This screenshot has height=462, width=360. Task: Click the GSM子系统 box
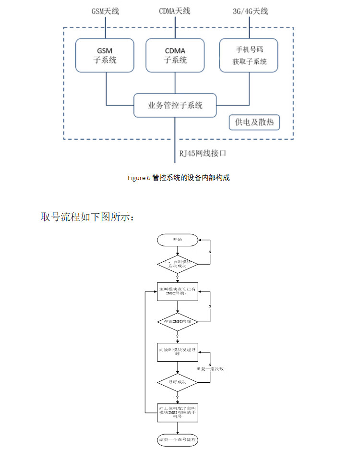pyautogui.click(x=105, y=55)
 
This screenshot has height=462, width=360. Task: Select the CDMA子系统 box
pyautogui.click(x=175, y=55)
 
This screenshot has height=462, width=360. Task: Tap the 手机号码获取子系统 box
pyautogui.click(x=249, y=55)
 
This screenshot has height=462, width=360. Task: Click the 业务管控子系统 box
pyautogui.click(x=175, y=105)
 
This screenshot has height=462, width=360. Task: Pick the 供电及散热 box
pyautogui.click(x=254, y=122)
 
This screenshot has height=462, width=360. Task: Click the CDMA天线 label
pyautogui.click(x=175, y=11)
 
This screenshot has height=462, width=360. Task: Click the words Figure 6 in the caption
pyautogui.click(x=139, y=178)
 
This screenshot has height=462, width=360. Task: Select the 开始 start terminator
pyautogui.click(x=178, y=240)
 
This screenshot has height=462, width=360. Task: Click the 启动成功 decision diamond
pyautogui.click(x=178, y=264)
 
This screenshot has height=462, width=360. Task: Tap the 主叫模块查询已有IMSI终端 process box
pyautogui.click(x=178, y=291)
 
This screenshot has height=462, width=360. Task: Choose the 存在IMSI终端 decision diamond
pyautogui.click(x=178, y=321)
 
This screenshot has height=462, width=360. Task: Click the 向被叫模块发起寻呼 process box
pyautogui.click(x=178, y=352)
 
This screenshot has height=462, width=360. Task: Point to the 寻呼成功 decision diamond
pyautogui.click(x=178, y=382)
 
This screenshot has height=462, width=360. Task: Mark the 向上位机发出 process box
pyautogui.click(x=178, y=412)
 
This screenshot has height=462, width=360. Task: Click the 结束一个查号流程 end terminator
pyautogui.click(x=178, y=440)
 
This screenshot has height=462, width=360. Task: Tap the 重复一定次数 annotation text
pyautogui.click(x=210, y=369)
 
